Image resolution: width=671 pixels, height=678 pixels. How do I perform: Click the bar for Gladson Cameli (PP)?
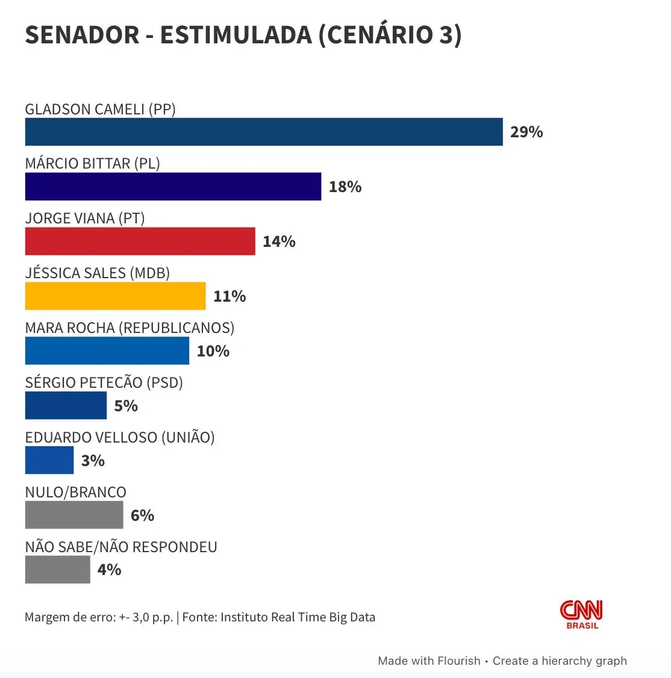(264, 132)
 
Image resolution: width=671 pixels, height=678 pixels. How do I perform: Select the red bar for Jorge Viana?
(140, 241)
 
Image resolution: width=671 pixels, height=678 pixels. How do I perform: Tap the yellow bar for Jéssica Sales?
(115, 296)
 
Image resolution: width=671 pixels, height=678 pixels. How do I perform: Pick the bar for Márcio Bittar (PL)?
(173, 187)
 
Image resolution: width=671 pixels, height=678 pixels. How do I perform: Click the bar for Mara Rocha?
(107, 351)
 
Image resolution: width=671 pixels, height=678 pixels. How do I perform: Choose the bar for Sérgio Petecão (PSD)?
(66, 406)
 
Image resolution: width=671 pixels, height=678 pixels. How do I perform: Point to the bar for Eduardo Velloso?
(49, 461)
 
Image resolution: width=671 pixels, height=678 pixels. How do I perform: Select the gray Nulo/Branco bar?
(74, 515)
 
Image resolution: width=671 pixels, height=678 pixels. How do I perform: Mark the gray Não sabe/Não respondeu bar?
(57, 570)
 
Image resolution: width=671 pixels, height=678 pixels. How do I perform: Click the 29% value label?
(526, 132)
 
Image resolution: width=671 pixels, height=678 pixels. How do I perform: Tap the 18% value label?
(345, 187)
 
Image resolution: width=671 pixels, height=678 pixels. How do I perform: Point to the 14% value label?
(279, 241)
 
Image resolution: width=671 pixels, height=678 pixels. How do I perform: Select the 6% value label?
(142, 515)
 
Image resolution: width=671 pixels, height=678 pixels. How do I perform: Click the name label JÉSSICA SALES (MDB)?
(98, 273)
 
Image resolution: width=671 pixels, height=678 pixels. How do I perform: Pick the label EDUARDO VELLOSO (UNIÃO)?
(120, 437)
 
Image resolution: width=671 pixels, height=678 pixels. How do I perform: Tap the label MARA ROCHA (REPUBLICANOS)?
(130, 328)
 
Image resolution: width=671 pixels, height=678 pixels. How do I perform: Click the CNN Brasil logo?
(582, 614)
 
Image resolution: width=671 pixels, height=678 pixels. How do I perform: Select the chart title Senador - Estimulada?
(243, 35)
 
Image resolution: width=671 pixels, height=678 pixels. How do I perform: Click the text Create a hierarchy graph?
(560, 661)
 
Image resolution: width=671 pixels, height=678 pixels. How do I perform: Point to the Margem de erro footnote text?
(200, 617)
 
